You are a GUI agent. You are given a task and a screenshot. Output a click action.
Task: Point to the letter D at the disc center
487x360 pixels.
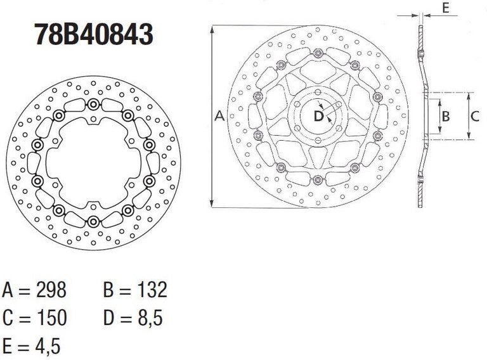318,116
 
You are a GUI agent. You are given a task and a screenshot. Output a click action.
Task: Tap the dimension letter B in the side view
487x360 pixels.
446,116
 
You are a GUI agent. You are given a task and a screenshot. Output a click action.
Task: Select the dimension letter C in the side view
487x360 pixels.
474,116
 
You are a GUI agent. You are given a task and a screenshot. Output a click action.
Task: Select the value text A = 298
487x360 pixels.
35,290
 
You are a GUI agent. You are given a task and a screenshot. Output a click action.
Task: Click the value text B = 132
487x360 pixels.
134,290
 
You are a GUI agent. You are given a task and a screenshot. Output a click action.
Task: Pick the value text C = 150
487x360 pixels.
35,317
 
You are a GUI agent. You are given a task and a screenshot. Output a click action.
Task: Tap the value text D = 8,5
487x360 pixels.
134,317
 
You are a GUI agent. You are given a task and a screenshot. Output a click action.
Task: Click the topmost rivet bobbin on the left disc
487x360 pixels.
93,105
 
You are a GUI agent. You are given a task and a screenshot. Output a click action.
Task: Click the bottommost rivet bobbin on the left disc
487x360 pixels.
93,221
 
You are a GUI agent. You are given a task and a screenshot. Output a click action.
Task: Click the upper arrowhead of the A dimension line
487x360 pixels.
211,29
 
